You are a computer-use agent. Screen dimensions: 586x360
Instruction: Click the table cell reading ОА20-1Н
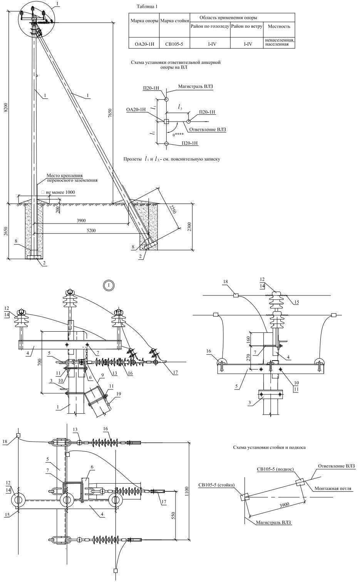point(144,44)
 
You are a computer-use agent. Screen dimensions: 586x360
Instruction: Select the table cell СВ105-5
point(174,44)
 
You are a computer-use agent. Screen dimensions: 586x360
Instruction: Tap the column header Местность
point(279,27)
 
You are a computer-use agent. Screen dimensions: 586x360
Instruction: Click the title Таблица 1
point(147,7)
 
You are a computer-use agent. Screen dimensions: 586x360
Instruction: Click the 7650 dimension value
point(110,114)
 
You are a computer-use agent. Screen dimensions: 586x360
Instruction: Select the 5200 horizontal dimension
point(91,230)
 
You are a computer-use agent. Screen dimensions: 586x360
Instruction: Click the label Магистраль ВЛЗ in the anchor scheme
point(195,87)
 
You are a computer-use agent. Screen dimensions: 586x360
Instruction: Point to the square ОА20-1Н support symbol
point(166,122)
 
